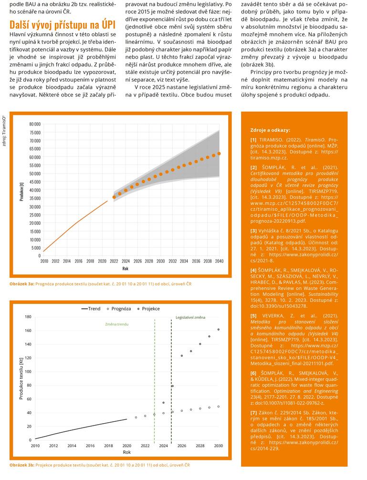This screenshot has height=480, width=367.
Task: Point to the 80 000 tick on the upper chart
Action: click(x=35, y=124)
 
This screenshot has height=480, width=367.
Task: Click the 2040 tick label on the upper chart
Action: click(x=219, y=261)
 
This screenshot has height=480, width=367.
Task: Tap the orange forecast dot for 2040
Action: click(x=219, y=154)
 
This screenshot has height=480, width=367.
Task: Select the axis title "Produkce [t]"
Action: click(x=21, y=191)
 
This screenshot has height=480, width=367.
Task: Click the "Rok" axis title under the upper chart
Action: click(x=125, y=268)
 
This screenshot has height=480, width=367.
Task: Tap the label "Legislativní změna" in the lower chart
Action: click(x=190, y=317)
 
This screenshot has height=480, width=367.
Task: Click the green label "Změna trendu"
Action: click(x=117, y=324)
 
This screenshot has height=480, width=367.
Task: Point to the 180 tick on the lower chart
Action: click(x=28, y=317)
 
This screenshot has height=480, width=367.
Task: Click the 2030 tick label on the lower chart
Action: click(x=219, y=446)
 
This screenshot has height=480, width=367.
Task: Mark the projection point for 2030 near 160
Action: click(x=219, y=329)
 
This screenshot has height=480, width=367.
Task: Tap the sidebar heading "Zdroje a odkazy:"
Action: click(x=270, y=130)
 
